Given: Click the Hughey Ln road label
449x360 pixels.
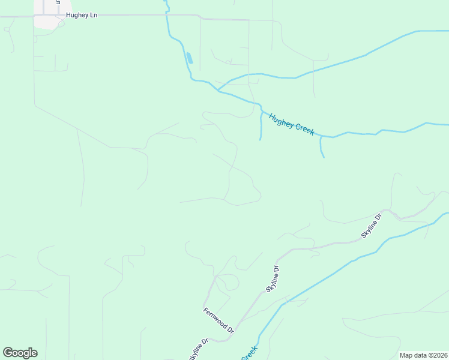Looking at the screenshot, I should point(81,15).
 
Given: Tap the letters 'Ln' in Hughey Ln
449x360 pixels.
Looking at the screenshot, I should point(93,15).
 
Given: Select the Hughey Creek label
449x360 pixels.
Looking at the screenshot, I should point(292,124).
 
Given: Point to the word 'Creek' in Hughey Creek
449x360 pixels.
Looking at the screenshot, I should point(303,128).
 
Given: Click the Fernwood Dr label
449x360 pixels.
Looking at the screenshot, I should point(218,320).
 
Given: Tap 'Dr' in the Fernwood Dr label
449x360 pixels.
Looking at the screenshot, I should point(230,329).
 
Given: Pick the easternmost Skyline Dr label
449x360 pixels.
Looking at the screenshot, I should point(371,226).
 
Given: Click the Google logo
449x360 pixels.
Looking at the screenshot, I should point(20,353).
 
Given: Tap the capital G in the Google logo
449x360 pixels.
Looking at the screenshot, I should point(8,353).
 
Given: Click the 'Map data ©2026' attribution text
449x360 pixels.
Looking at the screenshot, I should point(423,355).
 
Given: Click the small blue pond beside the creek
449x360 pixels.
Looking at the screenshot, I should point(190,58).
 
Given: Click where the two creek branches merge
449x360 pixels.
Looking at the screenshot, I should point(217,90).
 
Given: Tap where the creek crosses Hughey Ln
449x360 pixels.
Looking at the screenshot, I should point(167,14).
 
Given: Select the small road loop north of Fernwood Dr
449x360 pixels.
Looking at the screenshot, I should point(227,282).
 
